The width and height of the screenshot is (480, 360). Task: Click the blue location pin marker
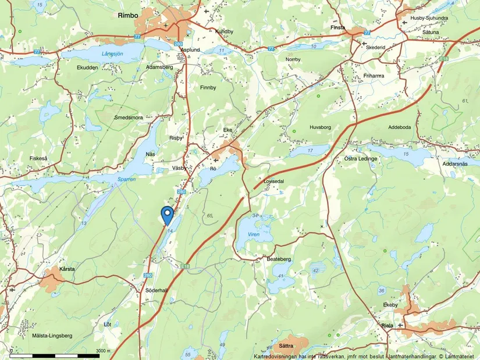click(168, 214)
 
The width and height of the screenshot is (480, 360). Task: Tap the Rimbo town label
click(127, 15)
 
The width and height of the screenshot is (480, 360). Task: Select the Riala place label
click(388, 326)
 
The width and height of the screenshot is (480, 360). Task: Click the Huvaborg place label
click(319, 126)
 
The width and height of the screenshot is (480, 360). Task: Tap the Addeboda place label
click(399, 127)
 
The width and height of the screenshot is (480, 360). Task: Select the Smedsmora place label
click(129, 117)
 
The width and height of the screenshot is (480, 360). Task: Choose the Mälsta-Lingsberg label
click(52, 336)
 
